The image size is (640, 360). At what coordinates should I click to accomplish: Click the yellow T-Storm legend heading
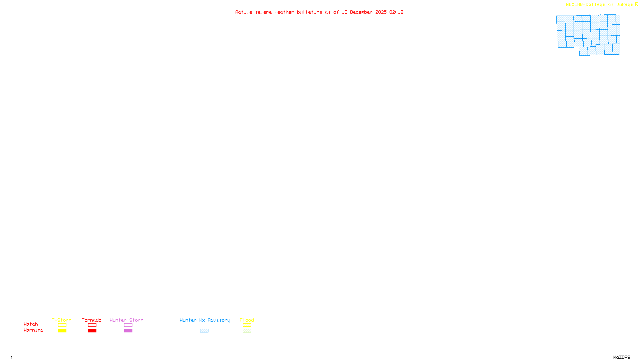(x=62, y=320)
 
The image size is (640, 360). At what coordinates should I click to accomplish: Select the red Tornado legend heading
(x=92, y=320)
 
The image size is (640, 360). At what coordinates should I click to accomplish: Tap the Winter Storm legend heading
(x=126, y=320)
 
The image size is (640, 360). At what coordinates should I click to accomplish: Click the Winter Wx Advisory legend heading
(x=205, y=320)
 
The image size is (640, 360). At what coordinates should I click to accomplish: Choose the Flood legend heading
(x=247, y=320)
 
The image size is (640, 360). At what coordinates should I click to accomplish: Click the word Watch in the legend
(x=31, y=324)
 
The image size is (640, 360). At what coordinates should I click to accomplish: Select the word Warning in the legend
(x=34, y=330)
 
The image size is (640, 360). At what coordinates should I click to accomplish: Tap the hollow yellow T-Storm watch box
(x=62, y=325)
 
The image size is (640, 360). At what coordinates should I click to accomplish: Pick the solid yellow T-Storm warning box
(x=62, y=331)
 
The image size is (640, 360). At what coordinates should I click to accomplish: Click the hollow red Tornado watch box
(x=92, y=325)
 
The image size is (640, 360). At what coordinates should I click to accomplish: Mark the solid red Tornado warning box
(x=92, y=331)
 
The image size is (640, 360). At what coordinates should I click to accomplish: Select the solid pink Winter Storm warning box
(x=128, y=331)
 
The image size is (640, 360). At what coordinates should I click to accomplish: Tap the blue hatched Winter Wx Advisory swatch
(x=204, y=331)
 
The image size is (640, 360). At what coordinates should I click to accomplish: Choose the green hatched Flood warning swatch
(x=247, y=331)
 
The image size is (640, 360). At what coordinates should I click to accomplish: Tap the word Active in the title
(x=244, y=12)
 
